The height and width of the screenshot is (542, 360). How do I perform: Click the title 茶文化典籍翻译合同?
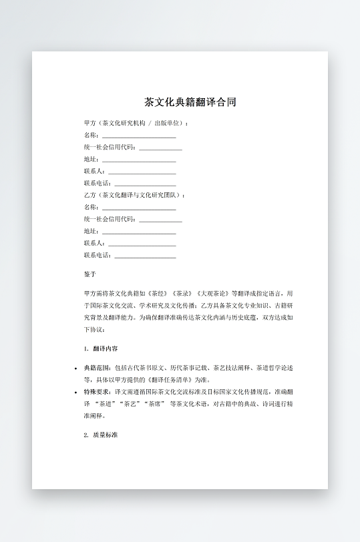(x=190, y=102)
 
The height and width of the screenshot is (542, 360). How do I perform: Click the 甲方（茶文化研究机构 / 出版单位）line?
(x=136, y=123)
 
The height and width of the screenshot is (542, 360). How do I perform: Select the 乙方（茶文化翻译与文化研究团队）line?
(x=134, y=195)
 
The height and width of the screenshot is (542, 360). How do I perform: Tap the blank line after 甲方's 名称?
(x=139, y=135)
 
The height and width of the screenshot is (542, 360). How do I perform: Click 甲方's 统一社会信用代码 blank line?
(x=160, y=148)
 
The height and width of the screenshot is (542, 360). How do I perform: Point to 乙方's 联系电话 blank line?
(x=145, y=256)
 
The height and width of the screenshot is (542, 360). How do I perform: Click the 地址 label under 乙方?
(x=91, y=231)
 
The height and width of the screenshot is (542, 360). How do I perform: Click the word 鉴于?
(x=90, y=274)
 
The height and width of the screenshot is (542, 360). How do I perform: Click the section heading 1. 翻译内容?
(x=102, y=349)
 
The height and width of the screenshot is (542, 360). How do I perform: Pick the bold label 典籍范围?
(x=97, y=368)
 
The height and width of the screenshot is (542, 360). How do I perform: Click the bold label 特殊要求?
(x=97, y=392)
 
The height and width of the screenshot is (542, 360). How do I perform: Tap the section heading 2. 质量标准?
(x=102, y=435)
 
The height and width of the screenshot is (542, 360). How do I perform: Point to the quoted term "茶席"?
(x=157, y=404)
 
